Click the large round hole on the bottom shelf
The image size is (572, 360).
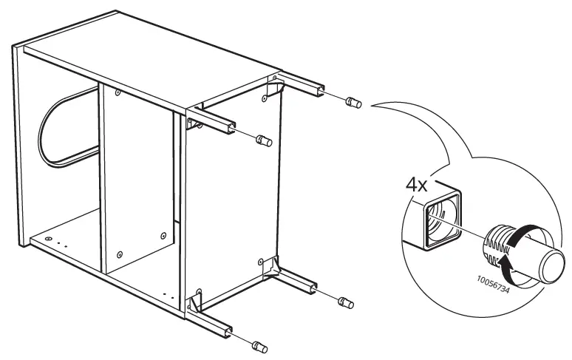48,240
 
